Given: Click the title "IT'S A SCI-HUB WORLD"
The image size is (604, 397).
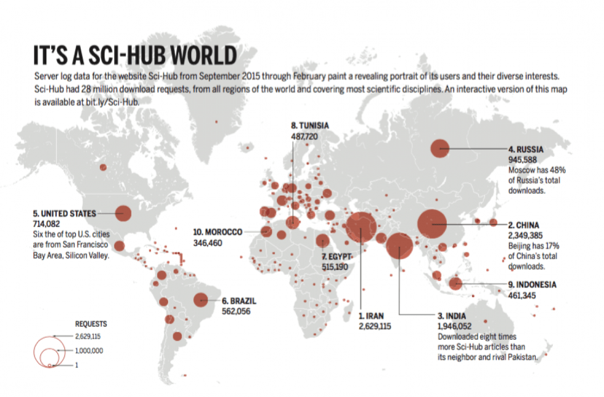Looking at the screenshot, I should (x=134, y=55).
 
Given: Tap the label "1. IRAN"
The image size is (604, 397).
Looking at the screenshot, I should (x=371, y=316).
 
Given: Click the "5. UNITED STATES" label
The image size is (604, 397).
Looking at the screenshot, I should (x=64, y=214).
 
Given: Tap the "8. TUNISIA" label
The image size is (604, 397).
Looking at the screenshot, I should (x=309, y=126).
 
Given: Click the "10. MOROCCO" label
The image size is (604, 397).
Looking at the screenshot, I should (x=218, y=233).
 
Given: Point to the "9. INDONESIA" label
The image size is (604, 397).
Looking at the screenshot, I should (x=532, y=285).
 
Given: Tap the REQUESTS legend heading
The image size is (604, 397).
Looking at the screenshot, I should (x=91, y=323).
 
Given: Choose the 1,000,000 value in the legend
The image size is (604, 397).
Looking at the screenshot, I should (x=89, y=350).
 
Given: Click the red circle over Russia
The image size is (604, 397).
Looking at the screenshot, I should (x=439, y=148).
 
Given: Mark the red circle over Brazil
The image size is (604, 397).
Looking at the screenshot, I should (x=200, y=300).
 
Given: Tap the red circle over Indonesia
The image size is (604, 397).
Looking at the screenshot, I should (x=455, y=283).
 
